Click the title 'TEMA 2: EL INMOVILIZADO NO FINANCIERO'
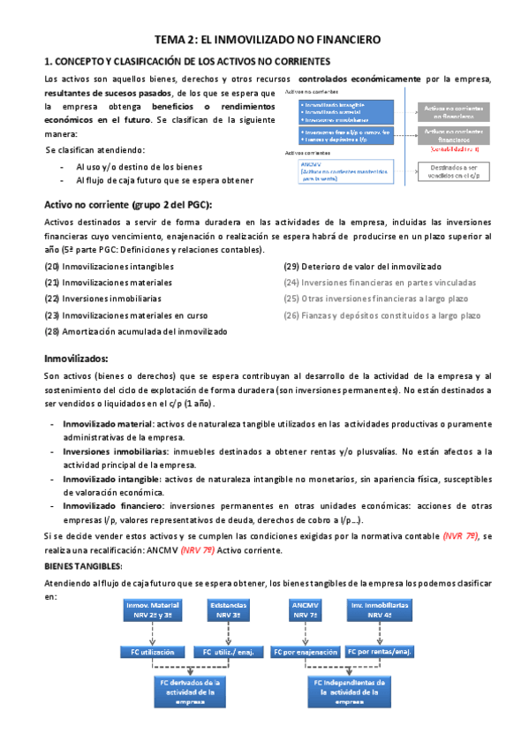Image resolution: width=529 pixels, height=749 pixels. [267, 40]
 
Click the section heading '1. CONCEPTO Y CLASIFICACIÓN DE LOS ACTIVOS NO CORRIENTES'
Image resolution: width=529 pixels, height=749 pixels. [187, 61]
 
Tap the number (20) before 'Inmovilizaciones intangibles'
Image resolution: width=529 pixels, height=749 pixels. [52, 267]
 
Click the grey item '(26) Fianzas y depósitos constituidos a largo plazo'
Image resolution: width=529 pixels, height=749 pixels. [382, 314]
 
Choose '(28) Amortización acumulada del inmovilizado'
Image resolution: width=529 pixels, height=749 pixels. [135, 331]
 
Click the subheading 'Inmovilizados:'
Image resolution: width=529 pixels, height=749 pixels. [76, 359]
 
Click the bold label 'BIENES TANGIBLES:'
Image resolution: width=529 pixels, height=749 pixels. [84, 565]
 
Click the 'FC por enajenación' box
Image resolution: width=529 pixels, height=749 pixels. [306, 652]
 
